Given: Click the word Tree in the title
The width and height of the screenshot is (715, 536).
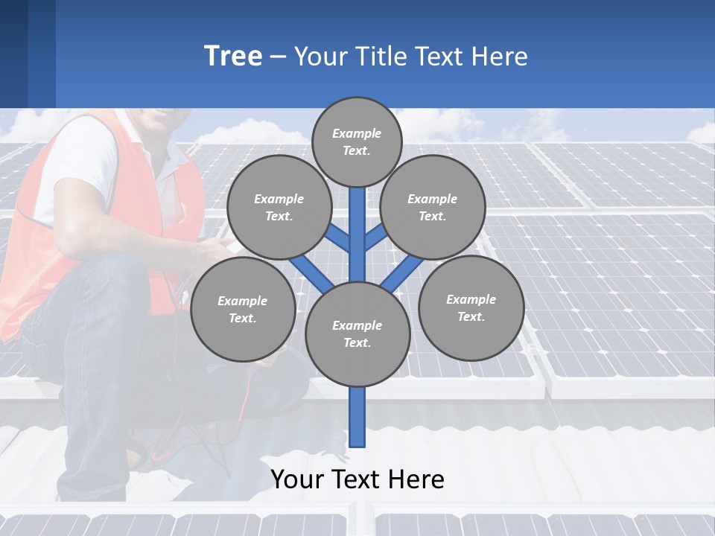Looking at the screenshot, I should [233, 57].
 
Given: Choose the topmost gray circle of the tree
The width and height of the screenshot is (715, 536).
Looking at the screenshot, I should [357, 141].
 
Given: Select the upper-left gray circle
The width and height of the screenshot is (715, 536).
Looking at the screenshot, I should [279, 207].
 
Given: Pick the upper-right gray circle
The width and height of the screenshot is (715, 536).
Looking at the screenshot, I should [433, 207].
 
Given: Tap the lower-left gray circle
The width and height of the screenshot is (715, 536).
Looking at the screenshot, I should [243, 310].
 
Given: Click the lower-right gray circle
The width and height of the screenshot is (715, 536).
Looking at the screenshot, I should [471, 308].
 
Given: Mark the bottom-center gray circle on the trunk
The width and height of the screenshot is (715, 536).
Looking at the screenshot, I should [357, 334].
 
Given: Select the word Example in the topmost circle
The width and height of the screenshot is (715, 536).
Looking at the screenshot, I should [357, 133].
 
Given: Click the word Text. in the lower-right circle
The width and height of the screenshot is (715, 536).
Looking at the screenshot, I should [471, 317].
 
